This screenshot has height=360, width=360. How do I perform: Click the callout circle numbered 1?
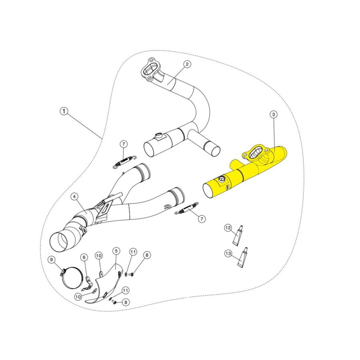tap(64, 111)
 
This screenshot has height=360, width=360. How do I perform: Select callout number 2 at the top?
tap(187, 64)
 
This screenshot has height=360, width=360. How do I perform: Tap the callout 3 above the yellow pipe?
tap(273, 115)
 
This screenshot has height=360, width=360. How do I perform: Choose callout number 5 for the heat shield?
tap(116, 251)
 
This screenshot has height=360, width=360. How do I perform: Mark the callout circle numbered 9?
tap(51, 260)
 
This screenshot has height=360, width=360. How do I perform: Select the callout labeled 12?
tap(228, 228)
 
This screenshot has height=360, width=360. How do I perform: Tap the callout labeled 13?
tap(228, 253)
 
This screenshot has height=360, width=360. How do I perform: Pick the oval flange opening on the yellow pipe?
tap(256, 154)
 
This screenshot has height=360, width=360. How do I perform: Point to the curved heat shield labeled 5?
tap(106, 284)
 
